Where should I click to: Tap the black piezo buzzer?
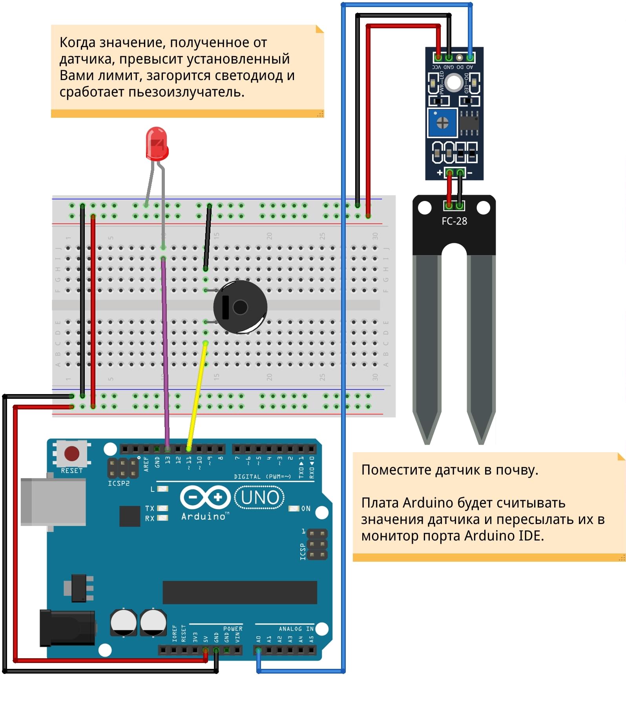(x=240, y=307)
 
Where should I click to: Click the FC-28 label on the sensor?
(x=454, y=221)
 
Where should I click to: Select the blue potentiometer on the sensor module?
(x=442, y=123)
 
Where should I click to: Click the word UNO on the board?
(x=260, y=497)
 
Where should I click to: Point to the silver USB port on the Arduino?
(x=53, y=501)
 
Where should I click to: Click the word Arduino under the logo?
(x=203, y=517)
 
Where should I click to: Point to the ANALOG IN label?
(x=296, y=629)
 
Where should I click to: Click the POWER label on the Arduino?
(x=233, y=629)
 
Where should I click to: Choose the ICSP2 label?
(x=119, y=484)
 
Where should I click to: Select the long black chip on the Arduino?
(x=239, y=592)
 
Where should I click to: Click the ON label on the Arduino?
(x=306, y=509)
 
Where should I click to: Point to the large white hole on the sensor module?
(x=454, y=83)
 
